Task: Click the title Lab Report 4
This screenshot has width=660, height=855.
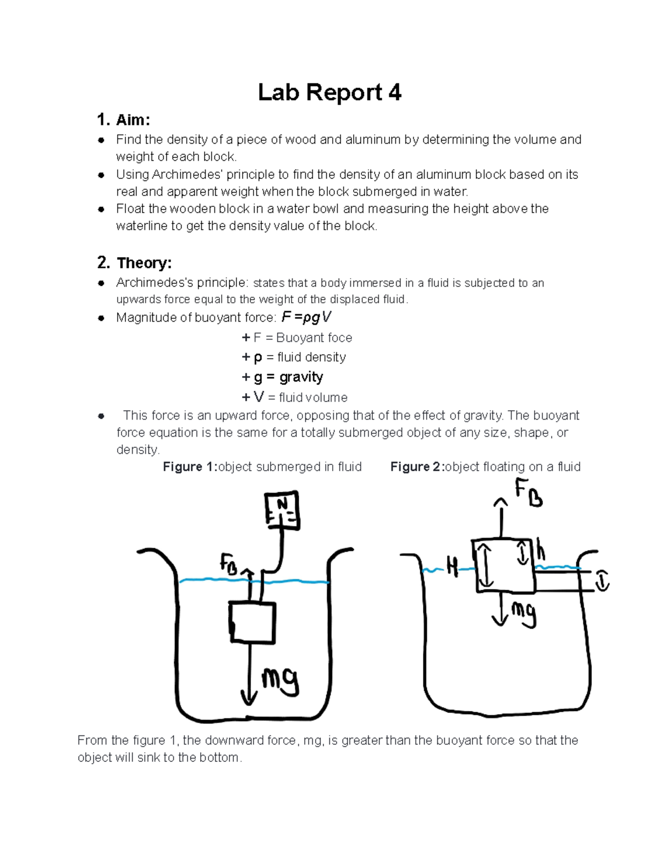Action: (329, 92)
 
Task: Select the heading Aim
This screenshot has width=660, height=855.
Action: (133, 119)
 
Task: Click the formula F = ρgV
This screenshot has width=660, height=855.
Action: (306, 317)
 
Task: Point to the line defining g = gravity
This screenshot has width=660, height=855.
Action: (282, 377)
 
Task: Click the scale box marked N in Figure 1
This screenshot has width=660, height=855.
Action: (282, 510)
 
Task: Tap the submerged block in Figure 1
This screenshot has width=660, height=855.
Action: (252, 622)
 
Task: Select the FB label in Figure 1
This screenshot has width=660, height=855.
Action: (229, 564)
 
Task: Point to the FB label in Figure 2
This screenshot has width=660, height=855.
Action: (528, 493)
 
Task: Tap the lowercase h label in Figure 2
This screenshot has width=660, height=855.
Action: (541, 550)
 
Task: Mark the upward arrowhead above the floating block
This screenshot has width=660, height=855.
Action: (501, 502)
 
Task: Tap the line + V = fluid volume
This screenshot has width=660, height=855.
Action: (295, 397)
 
